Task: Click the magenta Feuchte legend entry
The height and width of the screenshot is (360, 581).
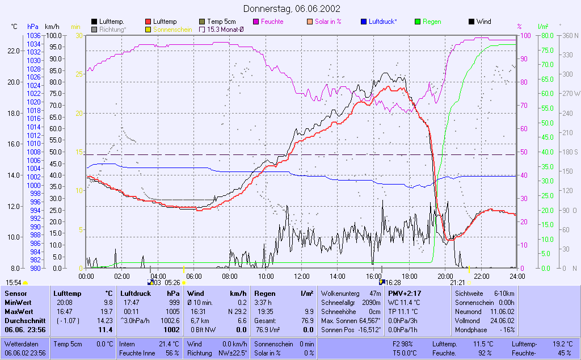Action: click(x=271, y=22)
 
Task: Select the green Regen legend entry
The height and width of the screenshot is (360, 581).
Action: click(x=432, y=22)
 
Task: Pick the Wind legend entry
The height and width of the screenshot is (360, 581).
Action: click(x=483, y=22)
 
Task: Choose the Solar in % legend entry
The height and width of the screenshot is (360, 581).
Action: click(x=327, y=22)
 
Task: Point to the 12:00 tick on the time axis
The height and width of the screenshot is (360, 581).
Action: click(x=301, y=276)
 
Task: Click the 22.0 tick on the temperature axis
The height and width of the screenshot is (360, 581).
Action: click(x=14, y=51)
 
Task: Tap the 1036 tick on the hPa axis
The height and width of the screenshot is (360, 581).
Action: click(x=33, y=35)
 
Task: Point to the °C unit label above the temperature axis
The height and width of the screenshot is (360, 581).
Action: click(x=14, y=27)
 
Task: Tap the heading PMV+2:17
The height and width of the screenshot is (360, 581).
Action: click(x=404, y=293)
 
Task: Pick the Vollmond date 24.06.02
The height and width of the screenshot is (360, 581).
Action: click(x=502, y=320)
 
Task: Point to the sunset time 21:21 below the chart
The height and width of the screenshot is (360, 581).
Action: click(x=457, y=282)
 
